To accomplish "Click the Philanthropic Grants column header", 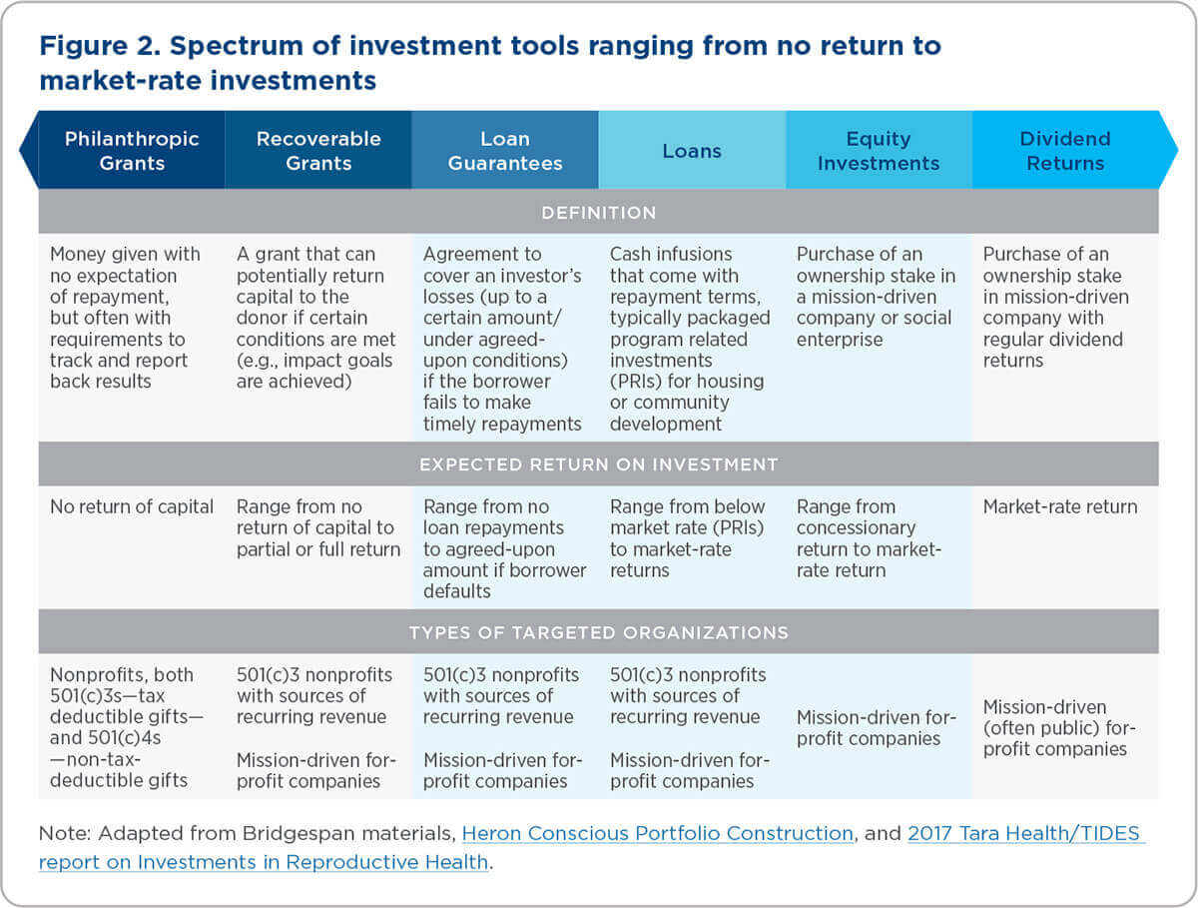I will click(132, 151).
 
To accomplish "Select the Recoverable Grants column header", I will click(318, 151).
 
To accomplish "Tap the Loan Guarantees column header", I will click(505, 151).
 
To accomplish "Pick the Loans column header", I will click(692, 151).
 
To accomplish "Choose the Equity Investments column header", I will click(879, 151).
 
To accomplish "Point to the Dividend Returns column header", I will click(1065, 151).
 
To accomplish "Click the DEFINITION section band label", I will click(599, 212).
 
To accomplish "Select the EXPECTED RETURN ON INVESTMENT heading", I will click(599, 464).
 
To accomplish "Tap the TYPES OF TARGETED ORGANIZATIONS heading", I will click(599, 632).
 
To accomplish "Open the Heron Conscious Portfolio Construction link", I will click(658, 833).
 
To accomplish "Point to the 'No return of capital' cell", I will click(132, 506).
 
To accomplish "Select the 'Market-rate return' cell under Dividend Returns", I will click(1060, 506).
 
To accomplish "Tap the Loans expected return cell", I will click(689, 538).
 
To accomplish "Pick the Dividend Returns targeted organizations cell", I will click(1059, 727).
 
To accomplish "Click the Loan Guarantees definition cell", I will click(503, 339).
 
